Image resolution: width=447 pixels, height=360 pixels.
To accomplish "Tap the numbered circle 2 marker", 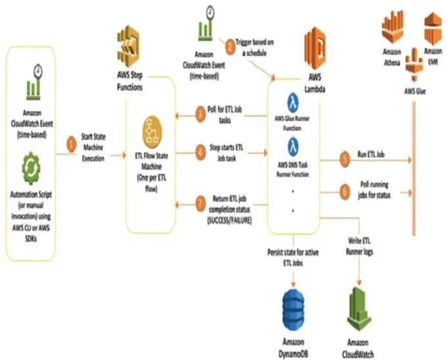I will (229, 46).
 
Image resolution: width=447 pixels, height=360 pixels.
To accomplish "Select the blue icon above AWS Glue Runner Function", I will (294, 102).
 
